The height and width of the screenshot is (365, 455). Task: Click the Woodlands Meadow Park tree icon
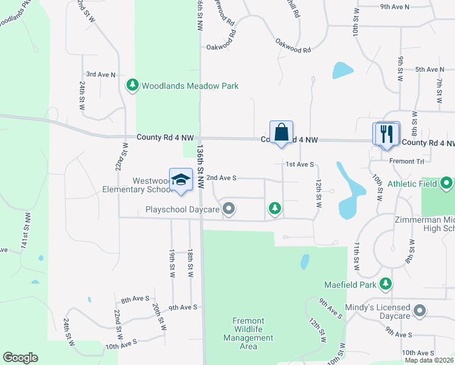pos(133,86)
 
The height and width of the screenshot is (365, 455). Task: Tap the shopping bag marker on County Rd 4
pos(281,132)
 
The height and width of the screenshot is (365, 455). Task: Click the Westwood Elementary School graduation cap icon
pos(181,179)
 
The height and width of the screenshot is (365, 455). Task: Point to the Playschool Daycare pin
pos(229,210)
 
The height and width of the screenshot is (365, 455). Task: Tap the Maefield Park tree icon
pos(385,283)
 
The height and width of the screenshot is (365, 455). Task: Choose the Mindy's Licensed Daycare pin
pos(419,311)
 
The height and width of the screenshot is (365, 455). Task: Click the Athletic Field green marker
pos(447,182)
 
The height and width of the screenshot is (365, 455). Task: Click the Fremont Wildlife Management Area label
pos(248,333)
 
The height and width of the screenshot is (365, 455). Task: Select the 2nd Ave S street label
pos(221,178)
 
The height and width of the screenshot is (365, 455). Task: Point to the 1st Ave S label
pos(300,164)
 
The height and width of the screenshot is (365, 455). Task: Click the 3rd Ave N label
pos(100,74)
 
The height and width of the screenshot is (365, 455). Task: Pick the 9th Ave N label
pos(395,6)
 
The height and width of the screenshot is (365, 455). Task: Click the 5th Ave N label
pos(429,70)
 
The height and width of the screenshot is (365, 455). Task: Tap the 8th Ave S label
pos(134,299)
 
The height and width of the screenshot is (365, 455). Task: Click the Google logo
pos(20,358)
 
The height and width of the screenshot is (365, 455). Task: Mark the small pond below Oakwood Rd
pos(342,70)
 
